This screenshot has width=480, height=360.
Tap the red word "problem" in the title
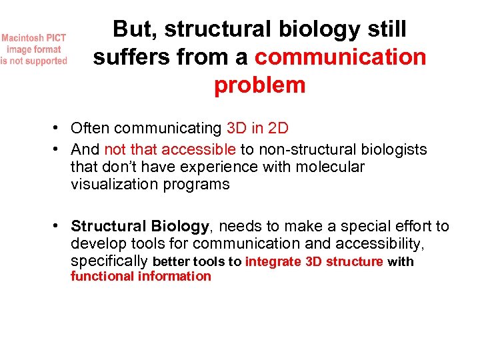point(259,85)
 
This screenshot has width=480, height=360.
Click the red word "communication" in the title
point(340,57)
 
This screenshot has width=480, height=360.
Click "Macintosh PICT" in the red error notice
point(33,38)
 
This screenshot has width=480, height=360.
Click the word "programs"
point(197,185)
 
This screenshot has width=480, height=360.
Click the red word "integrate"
point(273,262)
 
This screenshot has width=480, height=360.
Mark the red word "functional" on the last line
point(102,277)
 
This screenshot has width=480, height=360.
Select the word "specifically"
point(109,261)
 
